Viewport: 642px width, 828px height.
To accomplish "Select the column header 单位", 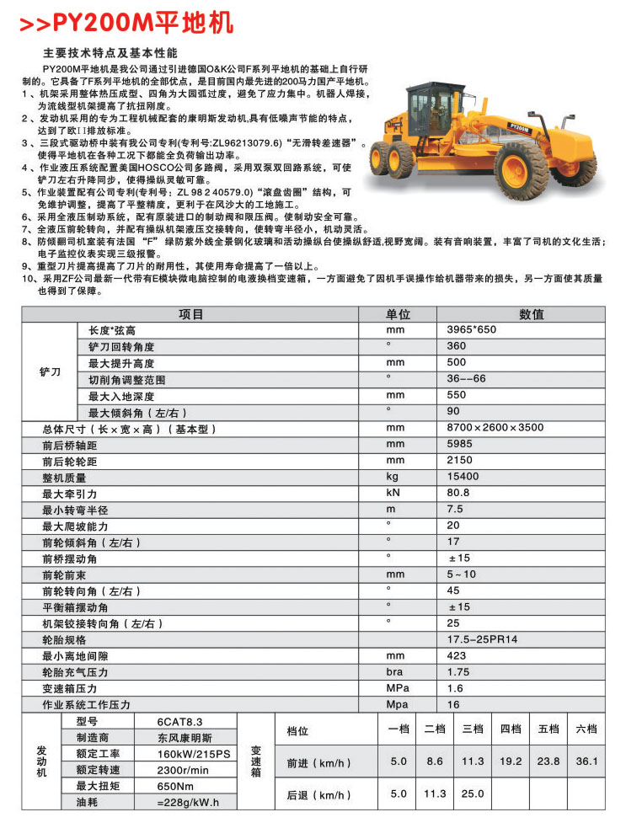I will click(x=398, y=314).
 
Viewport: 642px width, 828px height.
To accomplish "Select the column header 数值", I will click(x=531, y=314).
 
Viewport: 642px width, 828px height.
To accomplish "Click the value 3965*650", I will click(x=471, y=330).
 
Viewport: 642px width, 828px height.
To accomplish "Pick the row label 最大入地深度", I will click(x=122, y=396).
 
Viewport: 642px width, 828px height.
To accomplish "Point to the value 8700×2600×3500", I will click(x=495, y=428).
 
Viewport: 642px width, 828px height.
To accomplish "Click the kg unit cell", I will click(x=392, y=476).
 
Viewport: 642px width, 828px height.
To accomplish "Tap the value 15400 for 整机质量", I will click(x=463, y=477).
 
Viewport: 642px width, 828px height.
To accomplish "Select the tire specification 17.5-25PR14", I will click(x=482, y=639).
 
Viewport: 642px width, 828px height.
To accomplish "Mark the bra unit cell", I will click(x=394, y=672).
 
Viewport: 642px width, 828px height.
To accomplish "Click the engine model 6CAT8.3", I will click(x=179, y=722).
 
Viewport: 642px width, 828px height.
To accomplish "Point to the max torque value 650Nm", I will click(x=174, y=786).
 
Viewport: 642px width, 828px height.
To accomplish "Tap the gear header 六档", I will click(x=586, y=729).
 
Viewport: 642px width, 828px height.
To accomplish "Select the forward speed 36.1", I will click(x=586, y=761).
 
